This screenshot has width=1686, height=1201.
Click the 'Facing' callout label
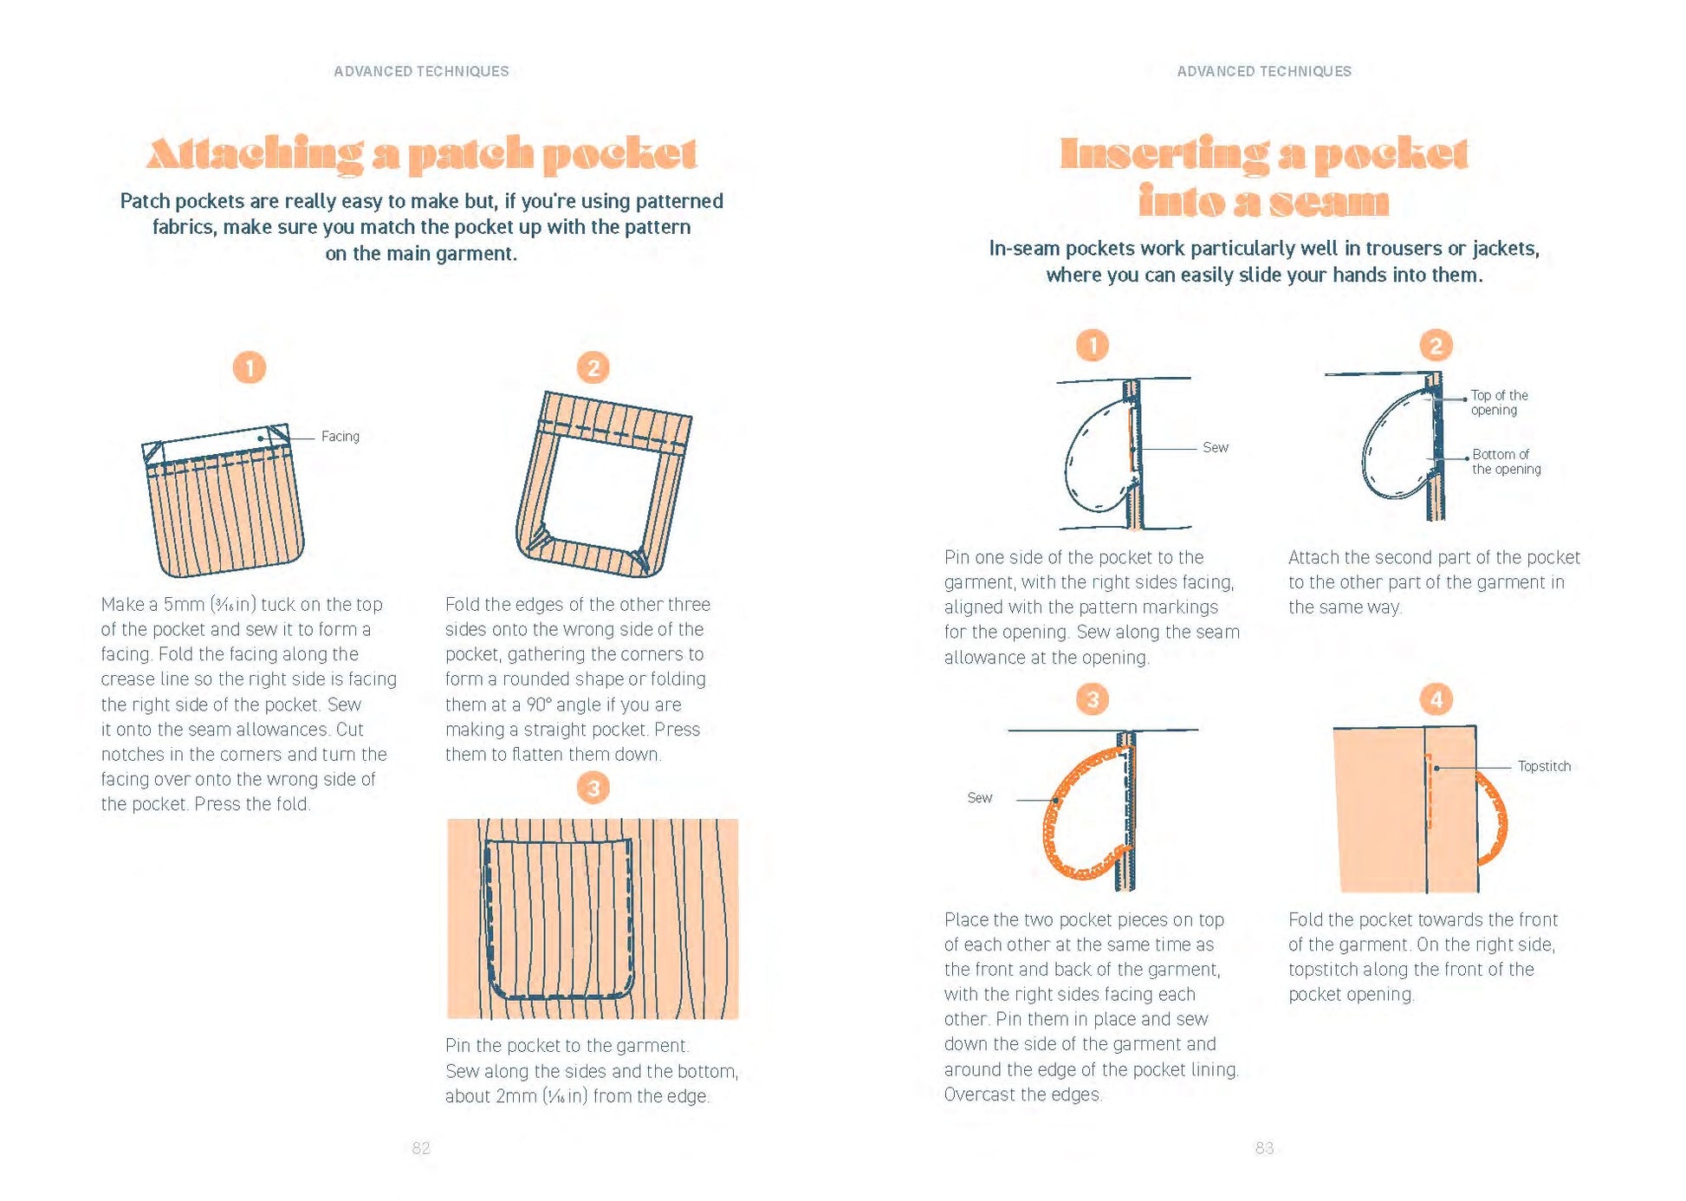click(340, 437)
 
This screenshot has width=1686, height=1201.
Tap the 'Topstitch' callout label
click(1543, 766)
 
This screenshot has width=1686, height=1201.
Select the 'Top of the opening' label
click(1499, 402)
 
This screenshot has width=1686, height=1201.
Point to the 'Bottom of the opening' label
click(1506, 462)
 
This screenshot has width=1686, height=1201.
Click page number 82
click(421, 1148)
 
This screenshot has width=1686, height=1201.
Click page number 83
click(1264, 1148)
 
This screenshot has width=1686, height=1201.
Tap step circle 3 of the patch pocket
click(593, 788)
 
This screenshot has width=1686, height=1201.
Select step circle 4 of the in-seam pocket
click(1436, 699)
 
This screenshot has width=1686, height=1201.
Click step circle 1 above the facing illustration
click(250, 367)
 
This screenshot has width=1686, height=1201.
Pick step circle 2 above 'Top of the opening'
click(1436, 346)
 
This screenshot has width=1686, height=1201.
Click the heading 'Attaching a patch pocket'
click(421, 153)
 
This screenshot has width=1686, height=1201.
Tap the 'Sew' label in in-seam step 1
click(1215, 448)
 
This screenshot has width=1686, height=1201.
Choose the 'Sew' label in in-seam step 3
click(980, 798)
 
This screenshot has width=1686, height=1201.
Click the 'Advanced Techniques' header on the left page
click(421, 71)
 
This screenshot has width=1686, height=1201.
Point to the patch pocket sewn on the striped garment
click(558, 919)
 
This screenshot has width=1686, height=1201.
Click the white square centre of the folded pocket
click(608, 492)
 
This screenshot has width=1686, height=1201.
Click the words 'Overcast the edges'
click(1022, 1094)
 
